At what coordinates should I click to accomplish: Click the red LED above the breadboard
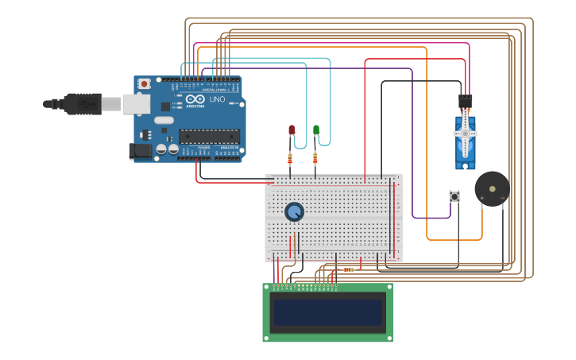click(x=292, y=130)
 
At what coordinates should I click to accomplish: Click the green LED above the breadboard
click(x=316, y=130)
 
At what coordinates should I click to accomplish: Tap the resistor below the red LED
click(x=290, y=158)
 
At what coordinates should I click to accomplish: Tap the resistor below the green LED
click(x=315, y=158)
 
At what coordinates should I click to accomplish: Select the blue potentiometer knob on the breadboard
click(x=294, y=212)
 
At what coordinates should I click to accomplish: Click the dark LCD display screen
click(x=328, y=312)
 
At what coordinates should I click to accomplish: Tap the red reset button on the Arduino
click(x=144, y=83)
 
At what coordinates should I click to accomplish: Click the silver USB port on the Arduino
click(x=136, y=103)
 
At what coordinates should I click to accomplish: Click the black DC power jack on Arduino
click(x=141, y=150)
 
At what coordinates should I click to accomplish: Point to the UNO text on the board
click(x=217, y=99)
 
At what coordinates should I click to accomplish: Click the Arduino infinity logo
click(x=195, y=99)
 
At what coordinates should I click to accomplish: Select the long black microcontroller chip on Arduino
click(x=209, y=136)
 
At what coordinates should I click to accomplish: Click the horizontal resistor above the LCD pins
click(x=347, y=269)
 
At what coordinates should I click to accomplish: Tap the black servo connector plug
click(x=466, y=102)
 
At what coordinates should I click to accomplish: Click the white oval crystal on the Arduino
click(x=164, y=120)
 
